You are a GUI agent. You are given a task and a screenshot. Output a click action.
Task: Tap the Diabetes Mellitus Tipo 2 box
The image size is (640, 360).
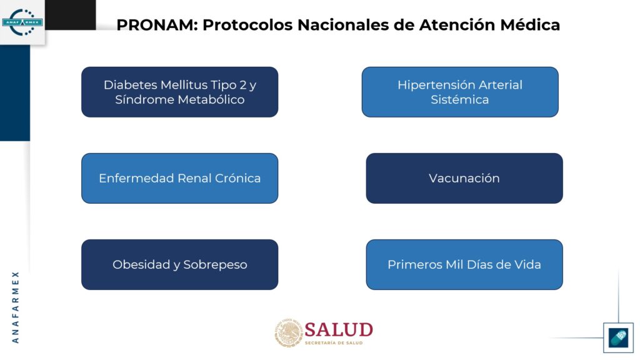click(x=179, y=92)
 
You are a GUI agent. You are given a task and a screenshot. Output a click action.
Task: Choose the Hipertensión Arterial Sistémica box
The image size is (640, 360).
click(x=460, y=92)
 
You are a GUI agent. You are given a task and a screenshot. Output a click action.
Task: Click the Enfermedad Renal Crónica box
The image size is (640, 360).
click(x=179, y=178)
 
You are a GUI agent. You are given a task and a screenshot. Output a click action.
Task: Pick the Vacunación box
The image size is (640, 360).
click(x=464, y=178)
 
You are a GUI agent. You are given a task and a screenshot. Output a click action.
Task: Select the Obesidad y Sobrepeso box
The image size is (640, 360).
click(x=179, y=264)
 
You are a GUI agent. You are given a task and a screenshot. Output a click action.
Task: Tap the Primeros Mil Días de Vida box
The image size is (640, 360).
click(x=464, y=264)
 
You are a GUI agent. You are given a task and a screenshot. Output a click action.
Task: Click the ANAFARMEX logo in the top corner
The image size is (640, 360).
click(x=22, y=22)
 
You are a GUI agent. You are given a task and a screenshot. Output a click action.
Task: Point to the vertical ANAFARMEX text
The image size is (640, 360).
click(x=16, y=307)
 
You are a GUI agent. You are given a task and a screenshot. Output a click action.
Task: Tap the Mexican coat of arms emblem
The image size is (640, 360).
click(x=289, y=332)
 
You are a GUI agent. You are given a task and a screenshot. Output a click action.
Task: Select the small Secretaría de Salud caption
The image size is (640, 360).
click(x=334, y=343)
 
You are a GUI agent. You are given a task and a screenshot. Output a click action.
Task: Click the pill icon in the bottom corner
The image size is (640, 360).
click(x=618, y=337)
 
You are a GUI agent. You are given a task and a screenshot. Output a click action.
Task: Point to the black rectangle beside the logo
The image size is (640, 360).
click(x=70, y=15)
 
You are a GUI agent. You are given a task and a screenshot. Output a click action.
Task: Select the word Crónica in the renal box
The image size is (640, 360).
click(x=237, y=178)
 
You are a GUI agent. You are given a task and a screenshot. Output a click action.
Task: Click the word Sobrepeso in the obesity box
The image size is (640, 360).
click(x=215, y=265)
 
